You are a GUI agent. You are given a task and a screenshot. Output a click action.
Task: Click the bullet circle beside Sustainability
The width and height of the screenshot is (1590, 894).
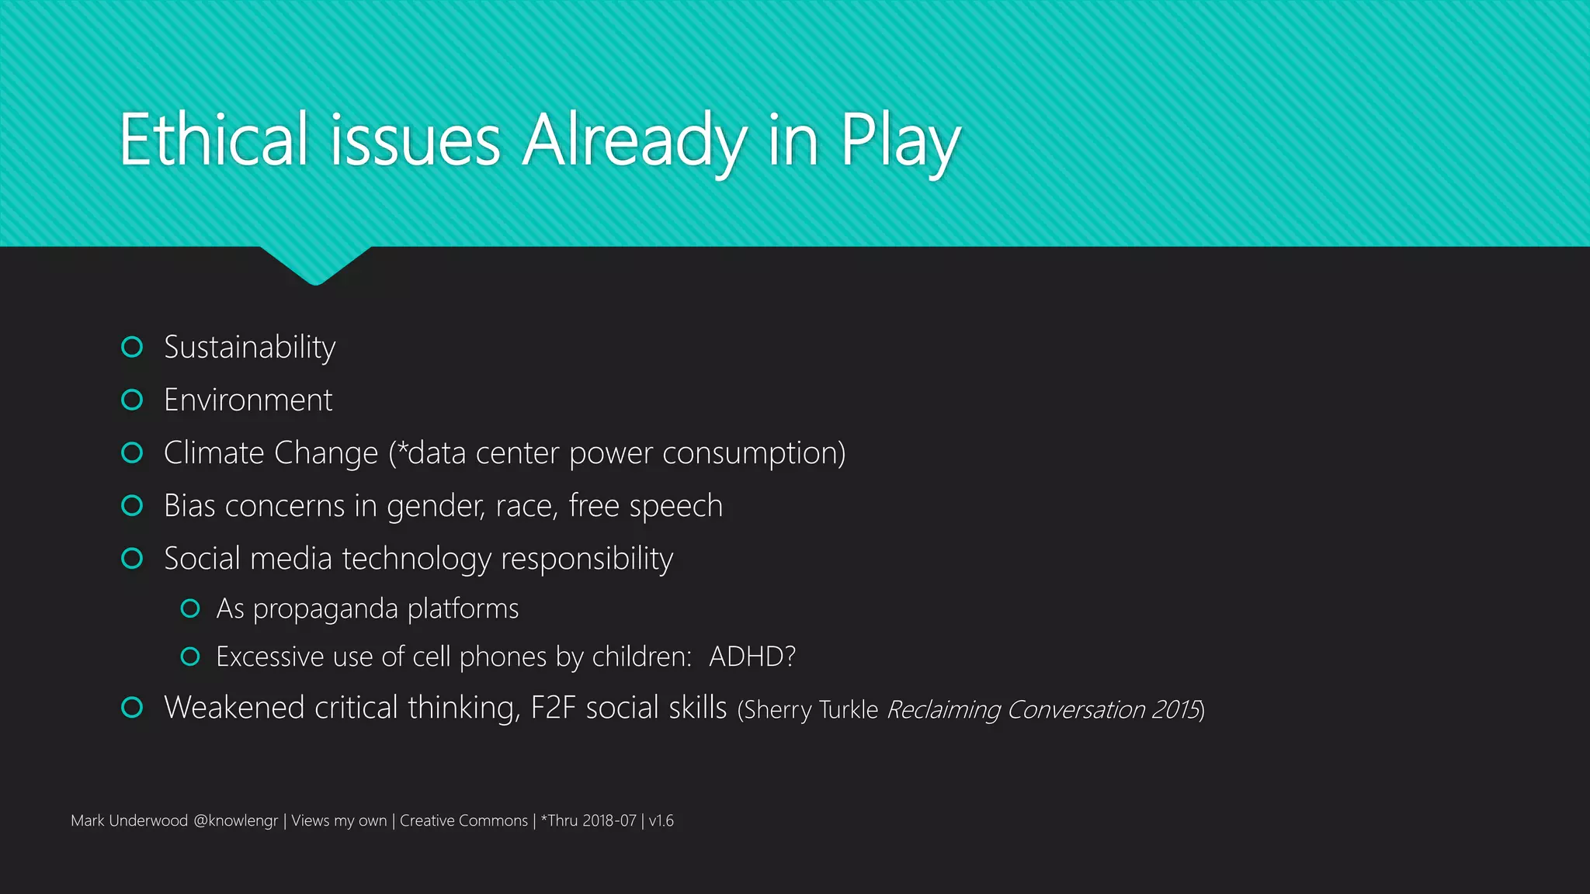(x=133, y=347)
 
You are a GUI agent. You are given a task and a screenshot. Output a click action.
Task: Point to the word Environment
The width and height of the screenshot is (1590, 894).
(x=248, y=400)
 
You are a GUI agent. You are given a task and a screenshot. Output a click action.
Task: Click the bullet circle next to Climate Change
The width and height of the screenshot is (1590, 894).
(x=133, y=452)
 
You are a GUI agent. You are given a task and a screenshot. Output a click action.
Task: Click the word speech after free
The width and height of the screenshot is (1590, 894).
(x=676, y=507)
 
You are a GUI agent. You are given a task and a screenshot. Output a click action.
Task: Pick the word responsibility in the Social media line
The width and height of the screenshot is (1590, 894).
(x=587, y=560)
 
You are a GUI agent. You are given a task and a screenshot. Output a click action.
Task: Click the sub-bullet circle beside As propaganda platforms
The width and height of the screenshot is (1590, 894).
(x=190, y=608)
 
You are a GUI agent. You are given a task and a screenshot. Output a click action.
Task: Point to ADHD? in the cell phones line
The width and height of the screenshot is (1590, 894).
(x=752, y=657)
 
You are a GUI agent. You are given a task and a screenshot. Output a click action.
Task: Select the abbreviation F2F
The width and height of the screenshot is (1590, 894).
(x=554, y=708)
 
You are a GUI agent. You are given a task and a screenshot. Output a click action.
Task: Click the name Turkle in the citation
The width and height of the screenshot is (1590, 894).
(x=849, y=710)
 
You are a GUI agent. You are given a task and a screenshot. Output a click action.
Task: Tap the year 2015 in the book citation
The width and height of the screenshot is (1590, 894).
(x=1175, y=710)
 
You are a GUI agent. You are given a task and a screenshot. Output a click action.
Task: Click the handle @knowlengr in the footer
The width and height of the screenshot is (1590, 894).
(x=235, y=821)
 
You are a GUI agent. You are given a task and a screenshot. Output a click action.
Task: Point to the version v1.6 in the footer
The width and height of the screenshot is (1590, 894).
(x=661, y=821)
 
